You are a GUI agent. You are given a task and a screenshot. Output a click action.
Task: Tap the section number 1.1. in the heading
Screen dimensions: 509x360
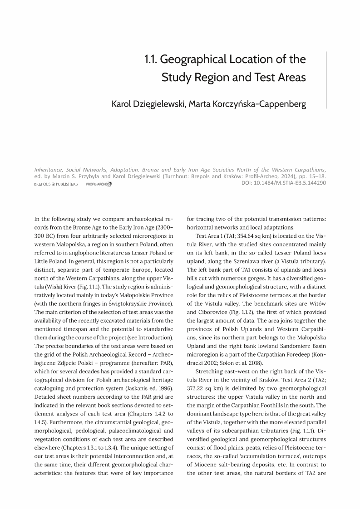(151, 59)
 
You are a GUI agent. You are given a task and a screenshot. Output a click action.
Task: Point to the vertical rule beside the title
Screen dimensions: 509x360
(326, 80)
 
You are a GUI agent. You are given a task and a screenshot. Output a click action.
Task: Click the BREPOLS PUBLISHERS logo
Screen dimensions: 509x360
(56, 185)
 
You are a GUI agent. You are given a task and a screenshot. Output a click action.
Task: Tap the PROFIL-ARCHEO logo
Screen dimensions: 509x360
(99, 185)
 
